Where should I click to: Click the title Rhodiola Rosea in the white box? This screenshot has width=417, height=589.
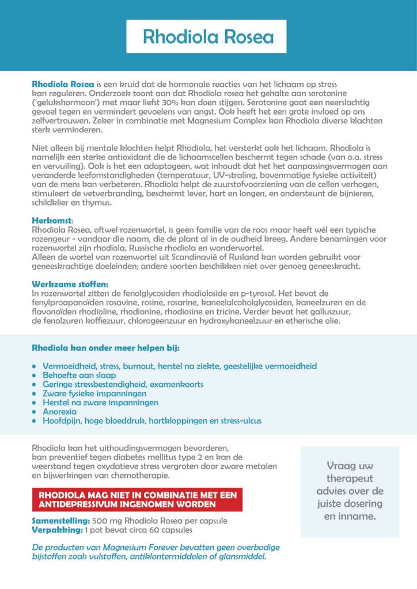coord(208,37)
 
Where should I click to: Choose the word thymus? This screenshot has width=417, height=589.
coord(96,202)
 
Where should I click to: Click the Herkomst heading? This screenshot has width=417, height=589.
coord(52,220)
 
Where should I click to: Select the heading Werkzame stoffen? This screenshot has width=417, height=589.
coord(70,284)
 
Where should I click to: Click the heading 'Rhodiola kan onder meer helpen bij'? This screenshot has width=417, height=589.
coord(106,348)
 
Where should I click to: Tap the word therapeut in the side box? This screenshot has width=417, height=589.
coord(350,478)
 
